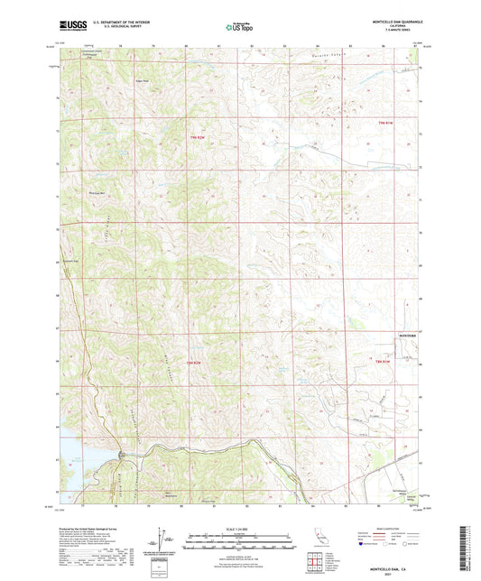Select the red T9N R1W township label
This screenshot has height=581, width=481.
coord(387,123)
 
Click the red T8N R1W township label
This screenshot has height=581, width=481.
coord(384,362)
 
